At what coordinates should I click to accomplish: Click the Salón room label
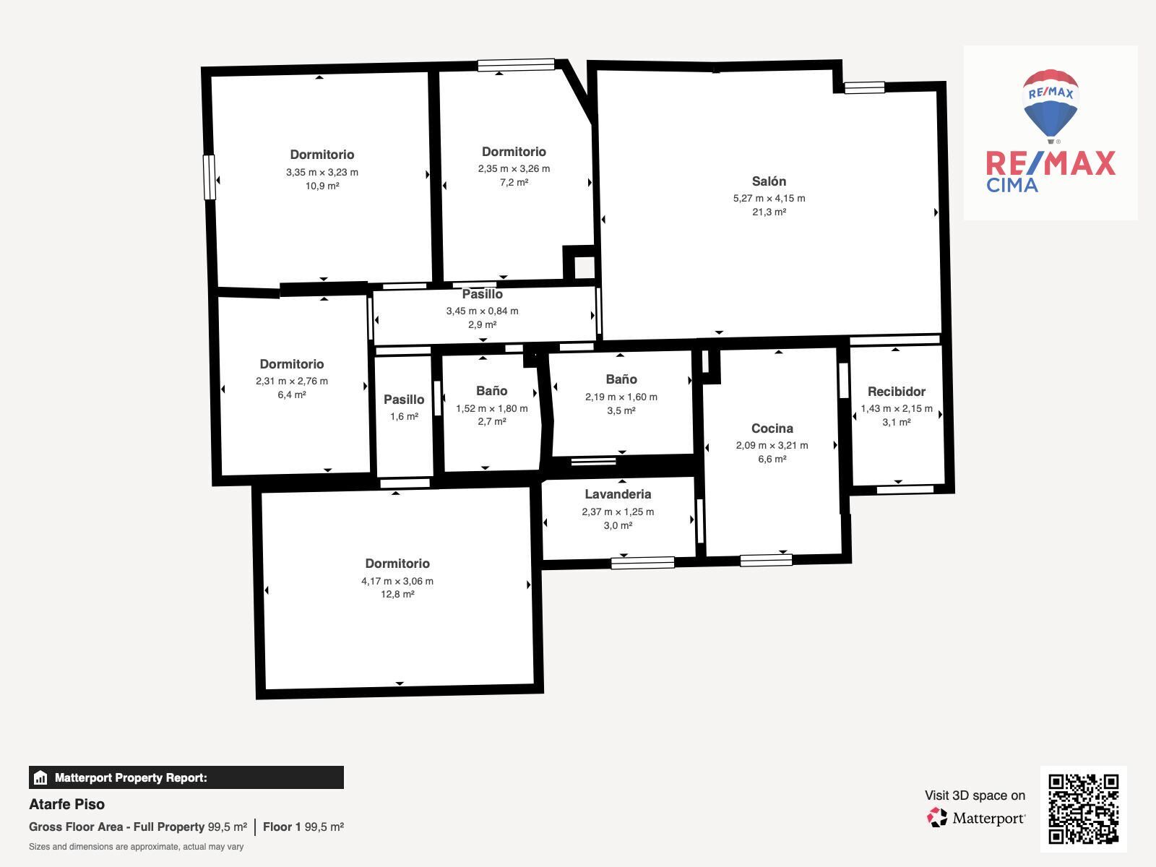(769, 181)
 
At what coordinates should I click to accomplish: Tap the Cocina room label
(772, 428)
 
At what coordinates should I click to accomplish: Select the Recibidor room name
(897, 392)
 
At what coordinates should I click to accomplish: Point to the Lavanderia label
(618, 494)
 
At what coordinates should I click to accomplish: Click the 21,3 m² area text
(769, 212)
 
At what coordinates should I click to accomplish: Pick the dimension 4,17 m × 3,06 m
(397, 581)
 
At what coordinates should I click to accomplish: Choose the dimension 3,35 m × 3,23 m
(322, 172)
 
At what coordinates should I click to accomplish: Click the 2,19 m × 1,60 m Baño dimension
(621, 397)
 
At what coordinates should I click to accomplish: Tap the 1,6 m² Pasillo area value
(404, 416)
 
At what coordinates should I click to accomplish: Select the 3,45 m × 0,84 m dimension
(482, 311)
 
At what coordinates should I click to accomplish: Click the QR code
(1083, 808)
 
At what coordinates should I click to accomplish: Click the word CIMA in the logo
(1011, 185)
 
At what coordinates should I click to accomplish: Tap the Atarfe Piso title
(67, 804)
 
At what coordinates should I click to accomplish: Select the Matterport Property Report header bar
(186, 777)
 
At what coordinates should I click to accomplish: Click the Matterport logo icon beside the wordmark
(937, 818)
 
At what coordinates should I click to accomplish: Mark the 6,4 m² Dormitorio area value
(292, 394)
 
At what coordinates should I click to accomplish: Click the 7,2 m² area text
(514, 182)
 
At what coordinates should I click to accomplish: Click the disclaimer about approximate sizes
(136, 847)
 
